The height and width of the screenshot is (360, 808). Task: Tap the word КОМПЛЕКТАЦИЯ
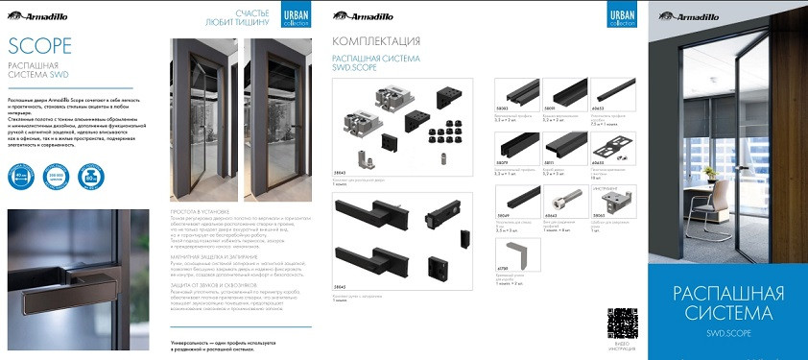pyautogui.click(x=375, y=41)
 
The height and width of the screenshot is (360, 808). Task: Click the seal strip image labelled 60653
pyautogui.click(x=608, y=94)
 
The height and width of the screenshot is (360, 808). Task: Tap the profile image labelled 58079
pyautogui.click(x=512, y=147)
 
